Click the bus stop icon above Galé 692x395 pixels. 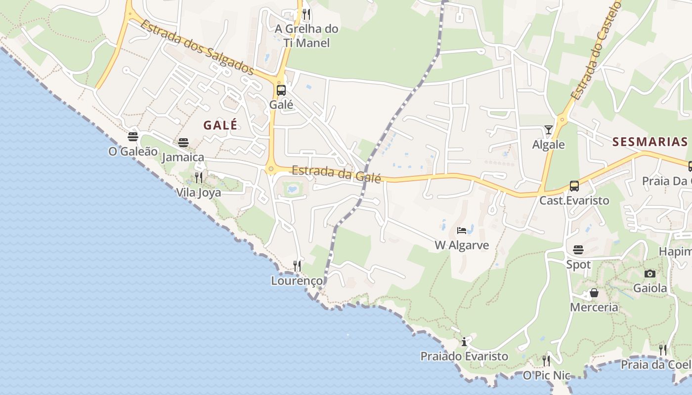pyautogui.click(x=281, y=90)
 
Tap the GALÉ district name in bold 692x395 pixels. pyautogui.click(x=220, y=125)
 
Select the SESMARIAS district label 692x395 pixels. pyautogui.click(x=650, y=142)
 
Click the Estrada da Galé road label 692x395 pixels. pyautogui.click(x=336, y=174)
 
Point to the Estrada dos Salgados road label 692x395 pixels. pyautogui.click(x=197, y=47)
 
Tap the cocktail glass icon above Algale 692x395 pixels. pyautogui.click(x=549, y=130)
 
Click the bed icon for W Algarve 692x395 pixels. pyautogui.click(x=462, y=231)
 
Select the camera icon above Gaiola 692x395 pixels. pyautogui.click(x=650, y=274)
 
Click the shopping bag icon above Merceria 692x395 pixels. pyautogui.click(x=594, y=293)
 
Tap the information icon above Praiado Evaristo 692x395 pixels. pyautogui.click(x=464, y=342)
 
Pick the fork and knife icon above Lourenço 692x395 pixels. pyautogui.click(x=297, y=266)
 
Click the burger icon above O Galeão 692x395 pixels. pyautogui.click(x=132, y=137)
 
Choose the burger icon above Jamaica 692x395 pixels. pyautogui.click(x=183, y=143)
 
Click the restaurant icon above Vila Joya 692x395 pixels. pyautogui.click(x=199, y=178)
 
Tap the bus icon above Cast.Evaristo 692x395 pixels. pyautogui.click(x=574, y=186)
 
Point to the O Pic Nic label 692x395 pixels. pyautogui.click(x=546, y=376)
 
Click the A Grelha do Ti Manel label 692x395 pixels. pyautogui.click(x=306, y=36)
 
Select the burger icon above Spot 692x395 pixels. pyautogui.click(x=578, y=250)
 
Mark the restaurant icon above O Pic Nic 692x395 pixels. pyautogui.click(x=546, y=361)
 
